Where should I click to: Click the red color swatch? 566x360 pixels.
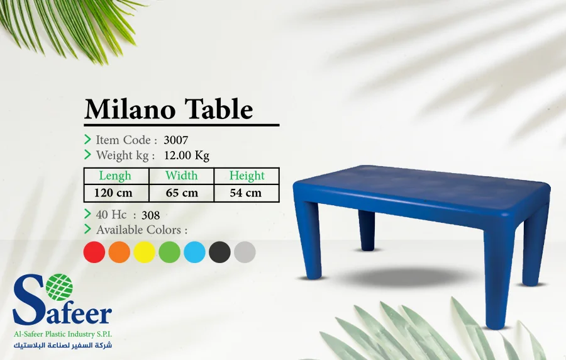pos(94,252)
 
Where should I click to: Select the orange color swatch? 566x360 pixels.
pos(119,252)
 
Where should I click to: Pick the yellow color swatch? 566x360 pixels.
pos(145,252)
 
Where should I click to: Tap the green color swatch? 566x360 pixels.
pos(170,252)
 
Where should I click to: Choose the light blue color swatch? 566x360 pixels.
pos(195,252)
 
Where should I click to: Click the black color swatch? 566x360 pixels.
pos(220,252)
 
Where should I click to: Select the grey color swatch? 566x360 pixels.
pos(245,252)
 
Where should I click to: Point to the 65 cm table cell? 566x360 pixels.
pos(182,193)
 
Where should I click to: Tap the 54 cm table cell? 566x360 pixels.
pos(246,193)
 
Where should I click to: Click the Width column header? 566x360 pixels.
pos(182,176)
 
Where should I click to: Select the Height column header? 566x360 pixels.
pos(247,176)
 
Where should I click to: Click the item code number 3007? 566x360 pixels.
pos(175,140)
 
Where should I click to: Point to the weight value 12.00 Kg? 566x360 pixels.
pos(187,155)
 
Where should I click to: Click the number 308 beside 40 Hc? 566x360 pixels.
pos(151,215)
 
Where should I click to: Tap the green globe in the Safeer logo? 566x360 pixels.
pos(60,287)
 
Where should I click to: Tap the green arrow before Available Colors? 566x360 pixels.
pos(88,229)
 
